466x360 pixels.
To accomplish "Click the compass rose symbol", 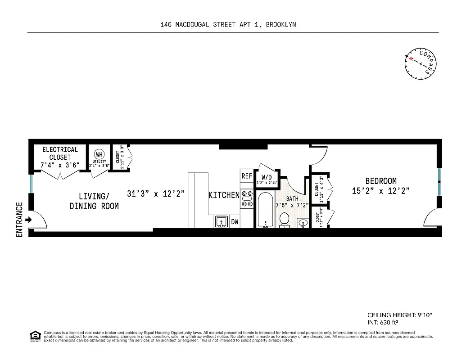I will [x=421, y=63].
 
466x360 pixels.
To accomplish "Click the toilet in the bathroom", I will [x=284, y=220].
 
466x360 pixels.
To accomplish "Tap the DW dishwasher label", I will [x=235, y=222].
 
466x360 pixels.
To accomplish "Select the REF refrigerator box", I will [x=247, y=176].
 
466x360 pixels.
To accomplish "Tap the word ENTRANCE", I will [x=19, y=220].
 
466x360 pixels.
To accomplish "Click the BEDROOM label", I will [x=381, y=181].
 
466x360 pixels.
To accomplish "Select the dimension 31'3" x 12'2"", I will [x=156, y=194].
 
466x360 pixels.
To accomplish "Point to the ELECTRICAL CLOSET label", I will [x=60, y=153].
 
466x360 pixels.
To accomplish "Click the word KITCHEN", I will [x=224, y=195].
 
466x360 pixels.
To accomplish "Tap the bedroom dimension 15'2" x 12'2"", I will [x=381, y=191].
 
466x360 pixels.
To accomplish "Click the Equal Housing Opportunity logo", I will [x=34, y=336].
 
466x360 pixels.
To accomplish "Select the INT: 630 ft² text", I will [x=383, y=323].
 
